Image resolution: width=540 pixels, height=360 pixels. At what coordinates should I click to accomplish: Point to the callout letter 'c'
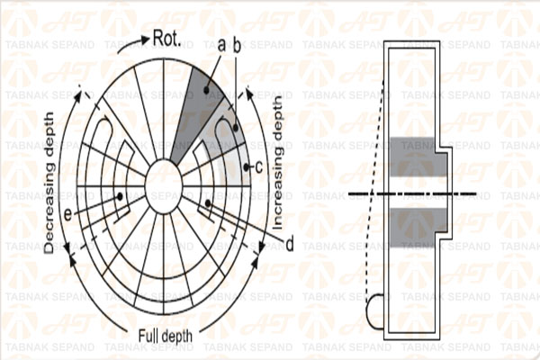pos(257,166)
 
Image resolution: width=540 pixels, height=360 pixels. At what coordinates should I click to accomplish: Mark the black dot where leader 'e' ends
pos(118,196)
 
